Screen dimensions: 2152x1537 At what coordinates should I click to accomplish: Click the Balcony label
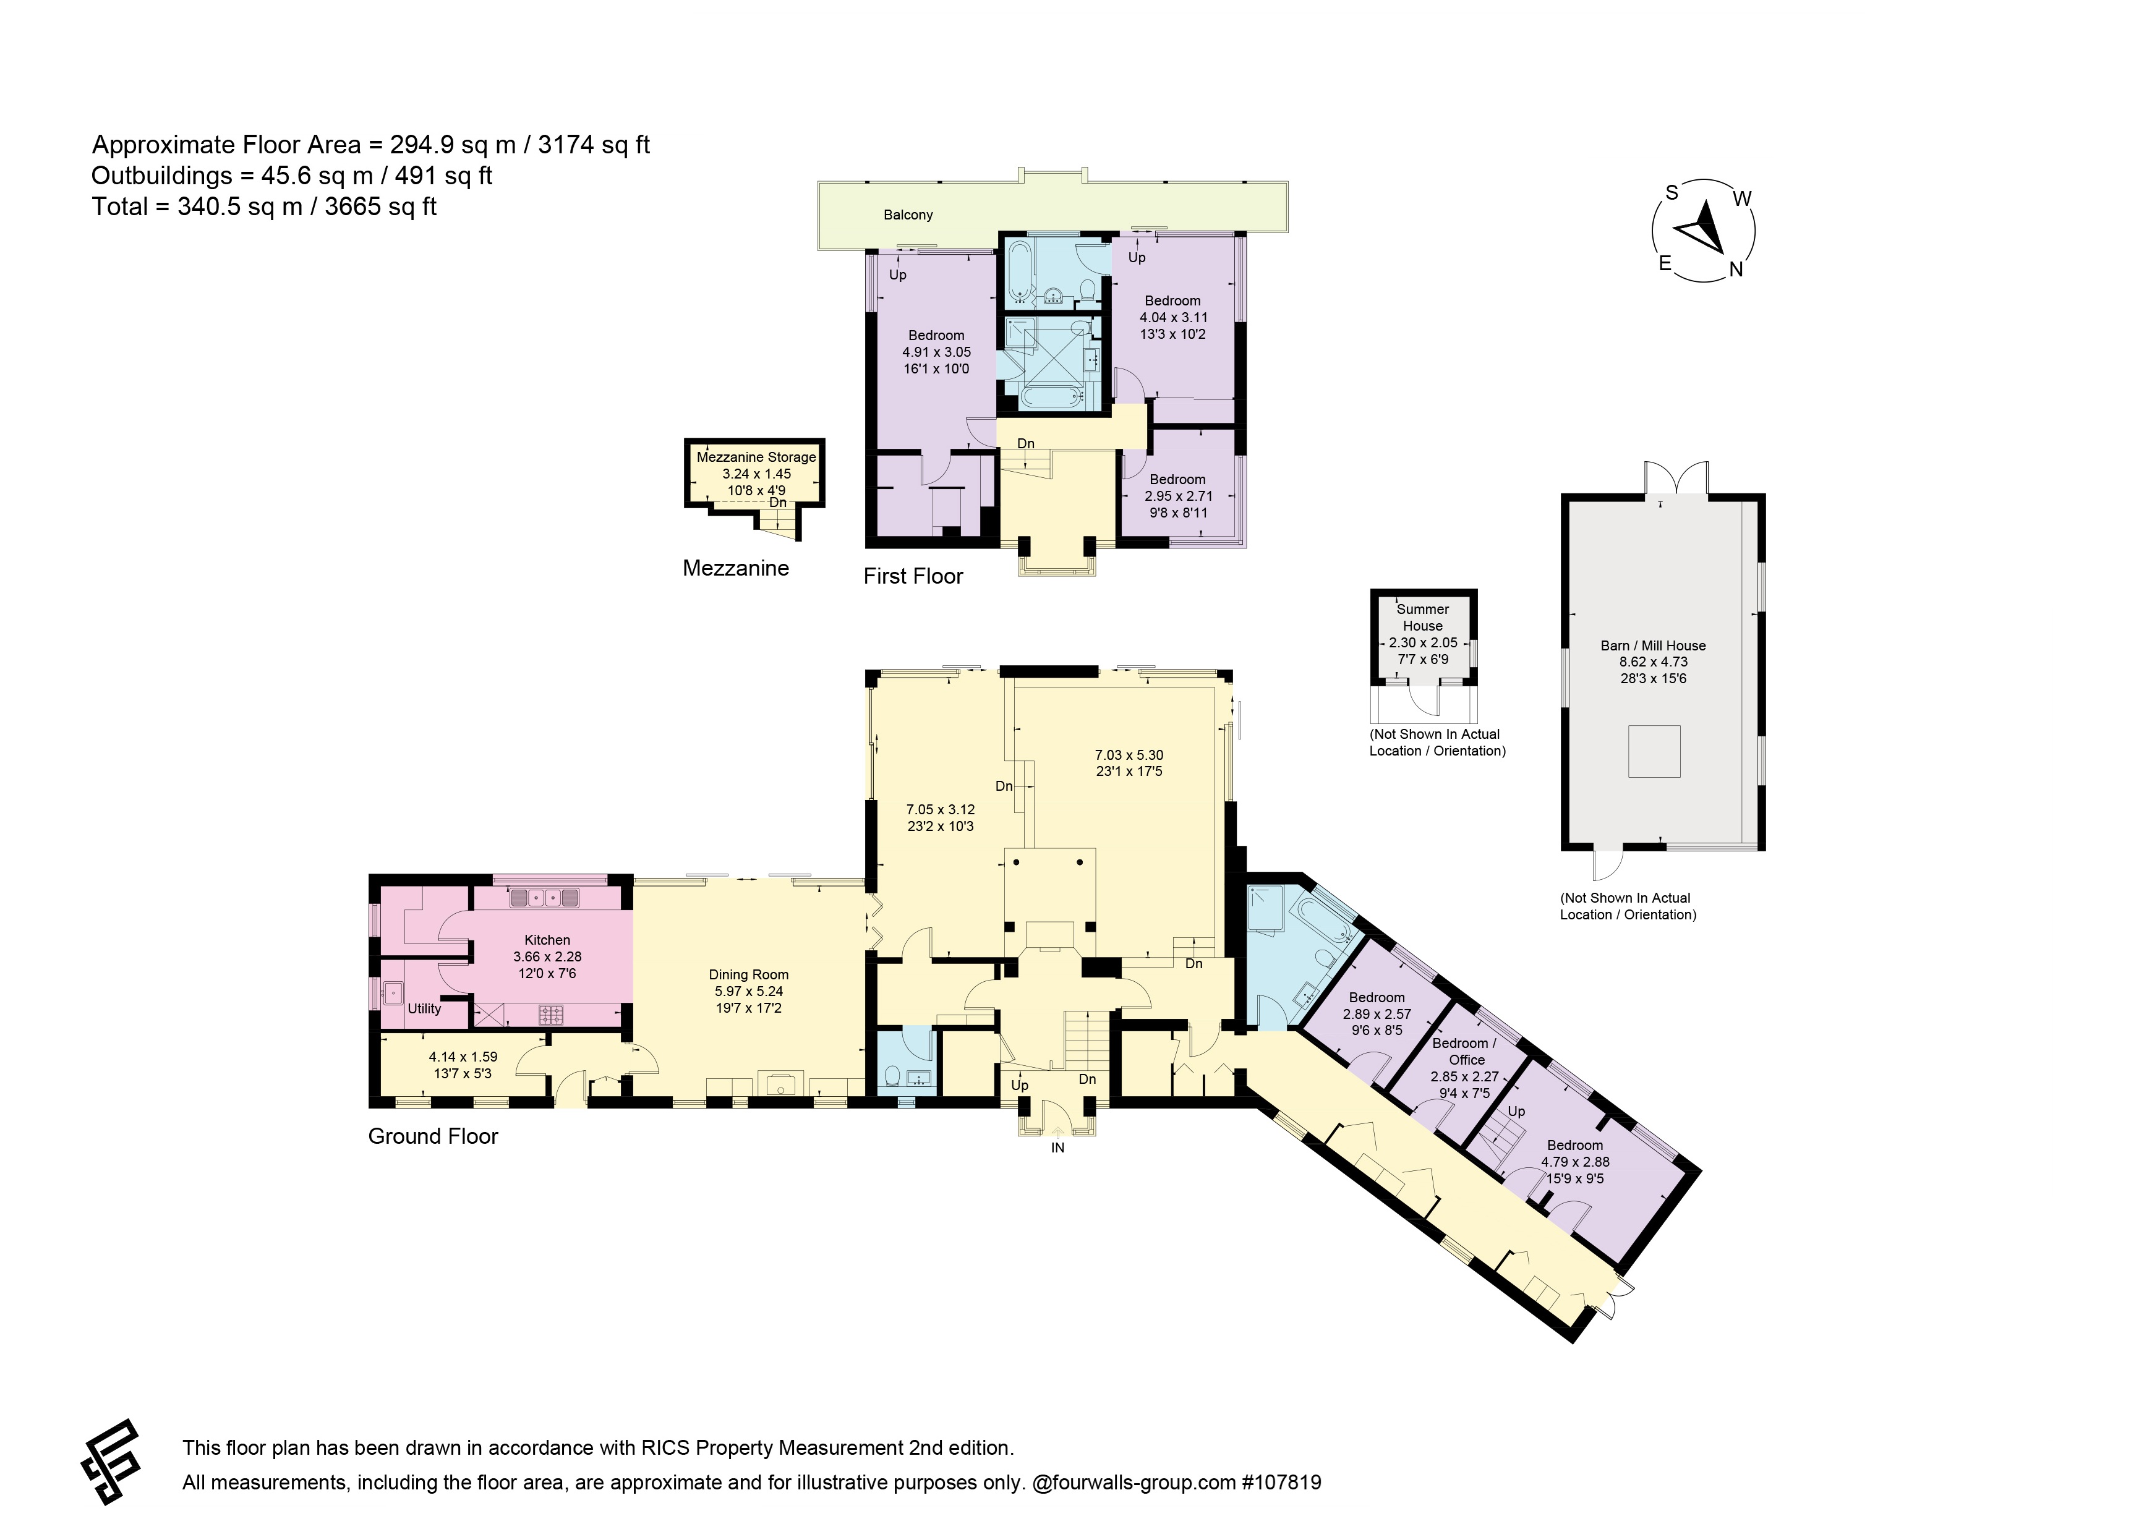[x=908, y=215]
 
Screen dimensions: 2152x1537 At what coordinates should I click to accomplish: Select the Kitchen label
[x=547, y=940]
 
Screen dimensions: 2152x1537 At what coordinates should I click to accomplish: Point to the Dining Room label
[x=749, y=975]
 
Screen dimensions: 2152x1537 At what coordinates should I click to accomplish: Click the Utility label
[x=424, y=1009]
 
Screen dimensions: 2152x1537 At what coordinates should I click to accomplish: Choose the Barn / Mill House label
[x=1654, y=645]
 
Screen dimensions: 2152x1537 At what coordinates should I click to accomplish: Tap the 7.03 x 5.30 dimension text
[x=1129, y=756]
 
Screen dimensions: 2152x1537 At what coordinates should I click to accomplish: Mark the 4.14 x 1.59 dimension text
[x=463, y=1057]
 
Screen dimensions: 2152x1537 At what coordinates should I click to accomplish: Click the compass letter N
[x=1736, y=270]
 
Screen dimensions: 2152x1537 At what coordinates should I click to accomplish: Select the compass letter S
[x=1672, y=193]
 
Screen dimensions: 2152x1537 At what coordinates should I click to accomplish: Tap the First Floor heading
[x=913, y=576]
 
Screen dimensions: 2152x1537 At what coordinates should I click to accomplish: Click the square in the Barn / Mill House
[x=1654, y=751]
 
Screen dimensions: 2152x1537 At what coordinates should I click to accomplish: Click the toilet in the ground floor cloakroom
[x=892, y=1076]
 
